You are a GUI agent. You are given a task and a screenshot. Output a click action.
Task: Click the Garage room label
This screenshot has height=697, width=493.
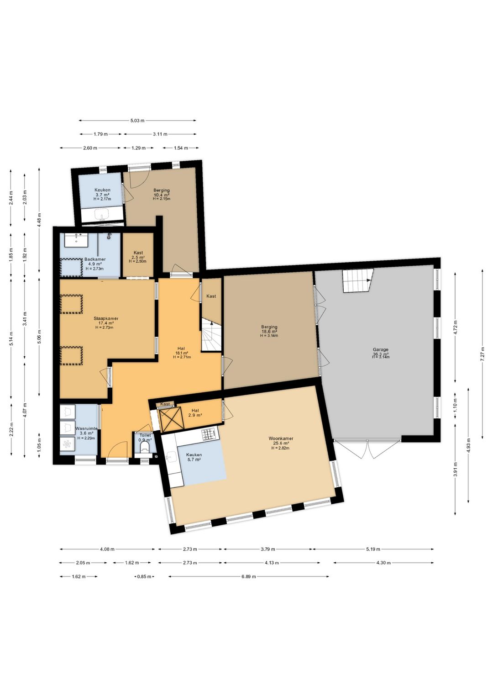click(381, 349)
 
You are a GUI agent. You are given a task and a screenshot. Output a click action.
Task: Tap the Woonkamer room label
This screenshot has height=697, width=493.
click(281, 438)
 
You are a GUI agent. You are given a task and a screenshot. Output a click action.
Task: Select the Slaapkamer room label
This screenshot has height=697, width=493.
click(106, 318)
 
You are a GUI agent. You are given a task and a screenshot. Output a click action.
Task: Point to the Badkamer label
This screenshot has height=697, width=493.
click(95, 259)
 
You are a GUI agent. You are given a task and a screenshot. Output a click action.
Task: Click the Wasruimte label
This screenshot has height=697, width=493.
click(86, 428)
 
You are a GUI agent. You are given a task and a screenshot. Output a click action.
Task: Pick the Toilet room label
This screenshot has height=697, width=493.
click(145, 435)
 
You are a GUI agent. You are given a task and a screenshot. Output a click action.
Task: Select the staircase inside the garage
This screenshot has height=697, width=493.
click(358, 280)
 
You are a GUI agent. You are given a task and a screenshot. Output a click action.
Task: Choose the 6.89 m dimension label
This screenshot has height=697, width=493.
click(248, 576)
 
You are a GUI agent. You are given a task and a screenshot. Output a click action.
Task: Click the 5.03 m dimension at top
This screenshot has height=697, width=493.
click(137, 121)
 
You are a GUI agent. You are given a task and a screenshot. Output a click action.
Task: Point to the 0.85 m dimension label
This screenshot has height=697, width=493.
click(144, 576)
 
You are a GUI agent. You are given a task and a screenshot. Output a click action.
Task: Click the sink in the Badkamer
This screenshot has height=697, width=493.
click(77, 240)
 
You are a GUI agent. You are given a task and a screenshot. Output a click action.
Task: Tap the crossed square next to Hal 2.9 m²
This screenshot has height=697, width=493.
click(171, 419)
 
